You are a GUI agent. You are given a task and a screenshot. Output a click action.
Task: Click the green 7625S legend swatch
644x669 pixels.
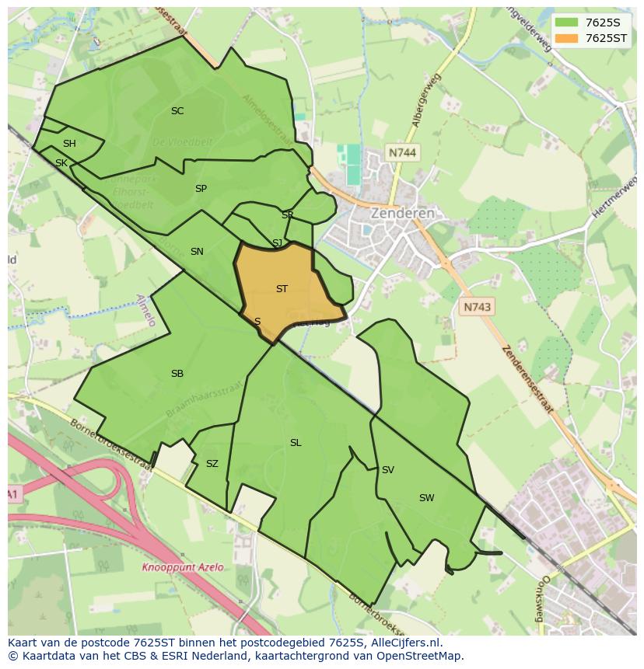pyautogui.click(x=566, y=23)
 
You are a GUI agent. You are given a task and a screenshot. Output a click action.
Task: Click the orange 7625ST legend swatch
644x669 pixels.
pyautogui.click(x=566, y=38)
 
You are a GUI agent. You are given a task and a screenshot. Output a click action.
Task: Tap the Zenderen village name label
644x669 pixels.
pyautogui.click(x=402, y=213)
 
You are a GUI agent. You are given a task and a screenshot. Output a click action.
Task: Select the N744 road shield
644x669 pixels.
pyautogui.click(x=402, y=153)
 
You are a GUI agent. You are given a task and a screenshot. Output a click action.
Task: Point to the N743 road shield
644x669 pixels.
pyautogui.click(x=477, y=307)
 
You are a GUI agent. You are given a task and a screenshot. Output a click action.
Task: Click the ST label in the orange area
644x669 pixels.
pyautogui.click(x=282, y=289)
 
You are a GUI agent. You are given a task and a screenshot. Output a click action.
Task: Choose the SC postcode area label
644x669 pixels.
pyautogui.click(x=177, y=111)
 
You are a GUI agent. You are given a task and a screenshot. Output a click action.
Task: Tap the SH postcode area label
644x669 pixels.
pyautogui.click(x=69, y=144)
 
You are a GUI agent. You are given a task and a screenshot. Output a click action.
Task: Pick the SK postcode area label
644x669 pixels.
pyautogui.click(x=61, y=163)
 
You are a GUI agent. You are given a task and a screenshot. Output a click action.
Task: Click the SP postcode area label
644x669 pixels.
pyautogui.click(x=201, y=189)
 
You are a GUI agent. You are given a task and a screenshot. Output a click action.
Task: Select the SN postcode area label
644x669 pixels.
pyautogui.click(x=197, y=252)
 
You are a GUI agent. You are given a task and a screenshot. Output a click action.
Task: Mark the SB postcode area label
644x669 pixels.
pyautogui.click(x=177, y=374)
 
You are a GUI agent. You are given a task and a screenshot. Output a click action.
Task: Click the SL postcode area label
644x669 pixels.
pyautogui.click(x=296, y=443)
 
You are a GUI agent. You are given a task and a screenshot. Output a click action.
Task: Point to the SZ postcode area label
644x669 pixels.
pyautogui.click(x=212, y=464)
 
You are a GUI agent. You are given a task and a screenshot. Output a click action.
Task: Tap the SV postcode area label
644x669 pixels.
pyautogui.click(x=387, y=470)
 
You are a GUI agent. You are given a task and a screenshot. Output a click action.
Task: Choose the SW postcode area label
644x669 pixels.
pyautogui.click(x=426, y=498)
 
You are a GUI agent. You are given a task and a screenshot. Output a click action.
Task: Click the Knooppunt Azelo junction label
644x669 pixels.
pyautogui.click(x=182, y=568)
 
